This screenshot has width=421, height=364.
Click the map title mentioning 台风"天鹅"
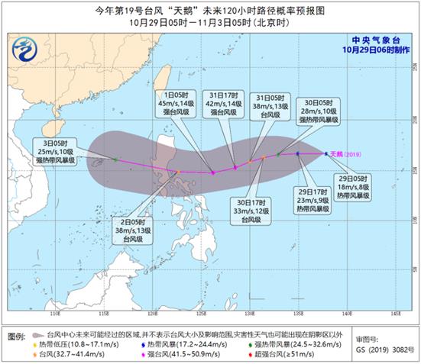(x=210, y=8)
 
